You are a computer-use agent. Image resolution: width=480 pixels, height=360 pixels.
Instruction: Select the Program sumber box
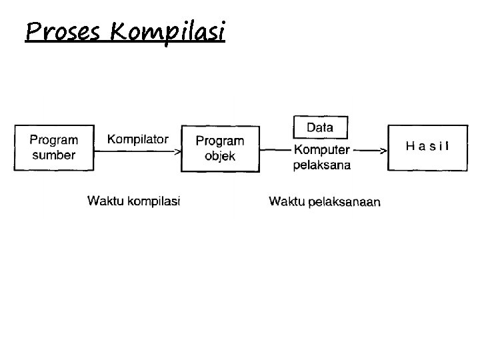click(54, 148)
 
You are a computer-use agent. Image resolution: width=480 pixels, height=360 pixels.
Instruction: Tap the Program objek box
click(220, 149)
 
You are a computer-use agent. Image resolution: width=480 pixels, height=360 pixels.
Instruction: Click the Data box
click(320, 127)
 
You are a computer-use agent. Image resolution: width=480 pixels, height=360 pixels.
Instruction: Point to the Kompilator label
click(138, 139)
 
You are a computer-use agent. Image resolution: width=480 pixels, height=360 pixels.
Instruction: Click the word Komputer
click(322, 151)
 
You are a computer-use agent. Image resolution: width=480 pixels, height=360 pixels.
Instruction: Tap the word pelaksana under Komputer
click(322, 165)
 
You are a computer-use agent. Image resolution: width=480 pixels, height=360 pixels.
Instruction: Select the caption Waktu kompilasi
click(134, 201)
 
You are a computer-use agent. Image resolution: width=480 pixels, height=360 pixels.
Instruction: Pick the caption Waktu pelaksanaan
click(325, 201)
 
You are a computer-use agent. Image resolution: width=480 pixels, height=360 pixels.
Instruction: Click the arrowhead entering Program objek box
click(178, 151)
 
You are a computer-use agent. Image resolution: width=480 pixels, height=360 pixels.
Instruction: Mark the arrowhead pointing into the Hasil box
click(384, 151)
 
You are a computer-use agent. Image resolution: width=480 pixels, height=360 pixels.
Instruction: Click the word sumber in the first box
click(53, 155)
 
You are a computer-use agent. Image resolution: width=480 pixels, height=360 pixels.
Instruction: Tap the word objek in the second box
click(220, 157)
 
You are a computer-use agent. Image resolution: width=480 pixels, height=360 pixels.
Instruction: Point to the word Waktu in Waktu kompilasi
click(105, 201)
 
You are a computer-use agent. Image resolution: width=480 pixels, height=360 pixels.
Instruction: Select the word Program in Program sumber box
click(53, 141)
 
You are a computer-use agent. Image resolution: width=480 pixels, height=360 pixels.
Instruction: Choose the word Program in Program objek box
click(220, 141)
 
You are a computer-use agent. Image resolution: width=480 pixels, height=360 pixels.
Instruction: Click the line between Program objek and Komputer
click(275, 151)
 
